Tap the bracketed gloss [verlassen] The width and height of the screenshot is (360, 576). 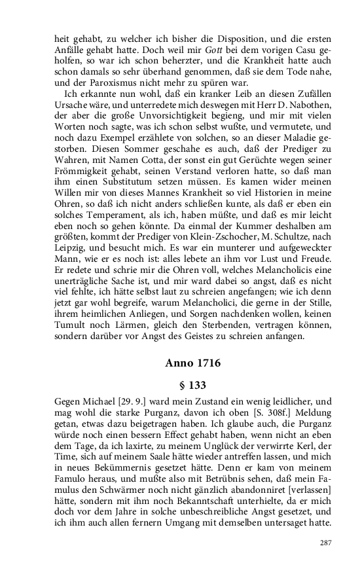294,486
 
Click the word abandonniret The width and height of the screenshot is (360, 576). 234,486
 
